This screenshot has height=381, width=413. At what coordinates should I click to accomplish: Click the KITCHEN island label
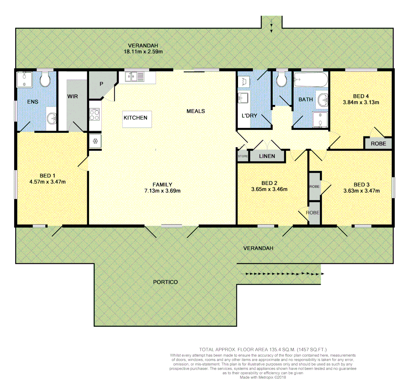tap(136, 118)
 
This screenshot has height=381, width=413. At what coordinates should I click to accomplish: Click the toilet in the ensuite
tap(45, 80)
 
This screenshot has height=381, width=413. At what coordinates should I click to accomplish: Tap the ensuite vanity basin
tap(52, 119)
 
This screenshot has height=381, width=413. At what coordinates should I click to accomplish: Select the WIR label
tap(73, 96)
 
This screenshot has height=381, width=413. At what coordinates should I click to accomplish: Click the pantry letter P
tap(101, 84)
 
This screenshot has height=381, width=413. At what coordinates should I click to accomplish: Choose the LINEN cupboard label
tap(267, 156)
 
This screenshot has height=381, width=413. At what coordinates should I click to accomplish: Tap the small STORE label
tap(243, 156)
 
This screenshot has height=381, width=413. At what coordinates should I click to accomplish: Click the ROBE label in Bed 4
tap(378, 144)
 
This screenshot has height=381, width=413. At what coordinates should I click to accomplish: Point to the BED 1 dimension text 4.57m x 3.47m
tap(48, 182)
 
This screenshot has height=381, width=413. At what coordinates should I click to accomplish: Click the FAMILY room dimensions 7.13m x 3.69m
tap(162, 191)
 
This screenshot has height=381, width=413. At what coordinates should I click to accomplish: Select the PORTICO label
tap(165, 282)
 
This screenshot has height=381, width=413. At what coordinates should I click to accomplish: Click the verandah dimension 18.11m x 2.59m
tap(143, 52)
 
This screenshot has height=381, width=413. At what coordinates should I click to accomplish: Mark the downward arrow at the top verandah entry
tap(271, 28)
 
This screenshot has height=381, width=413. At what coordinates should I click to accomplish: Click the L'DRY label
tap(249, 115)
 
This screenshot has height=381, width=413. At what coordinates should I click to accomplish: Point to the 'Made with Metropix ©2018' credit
tap(263, 377)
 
